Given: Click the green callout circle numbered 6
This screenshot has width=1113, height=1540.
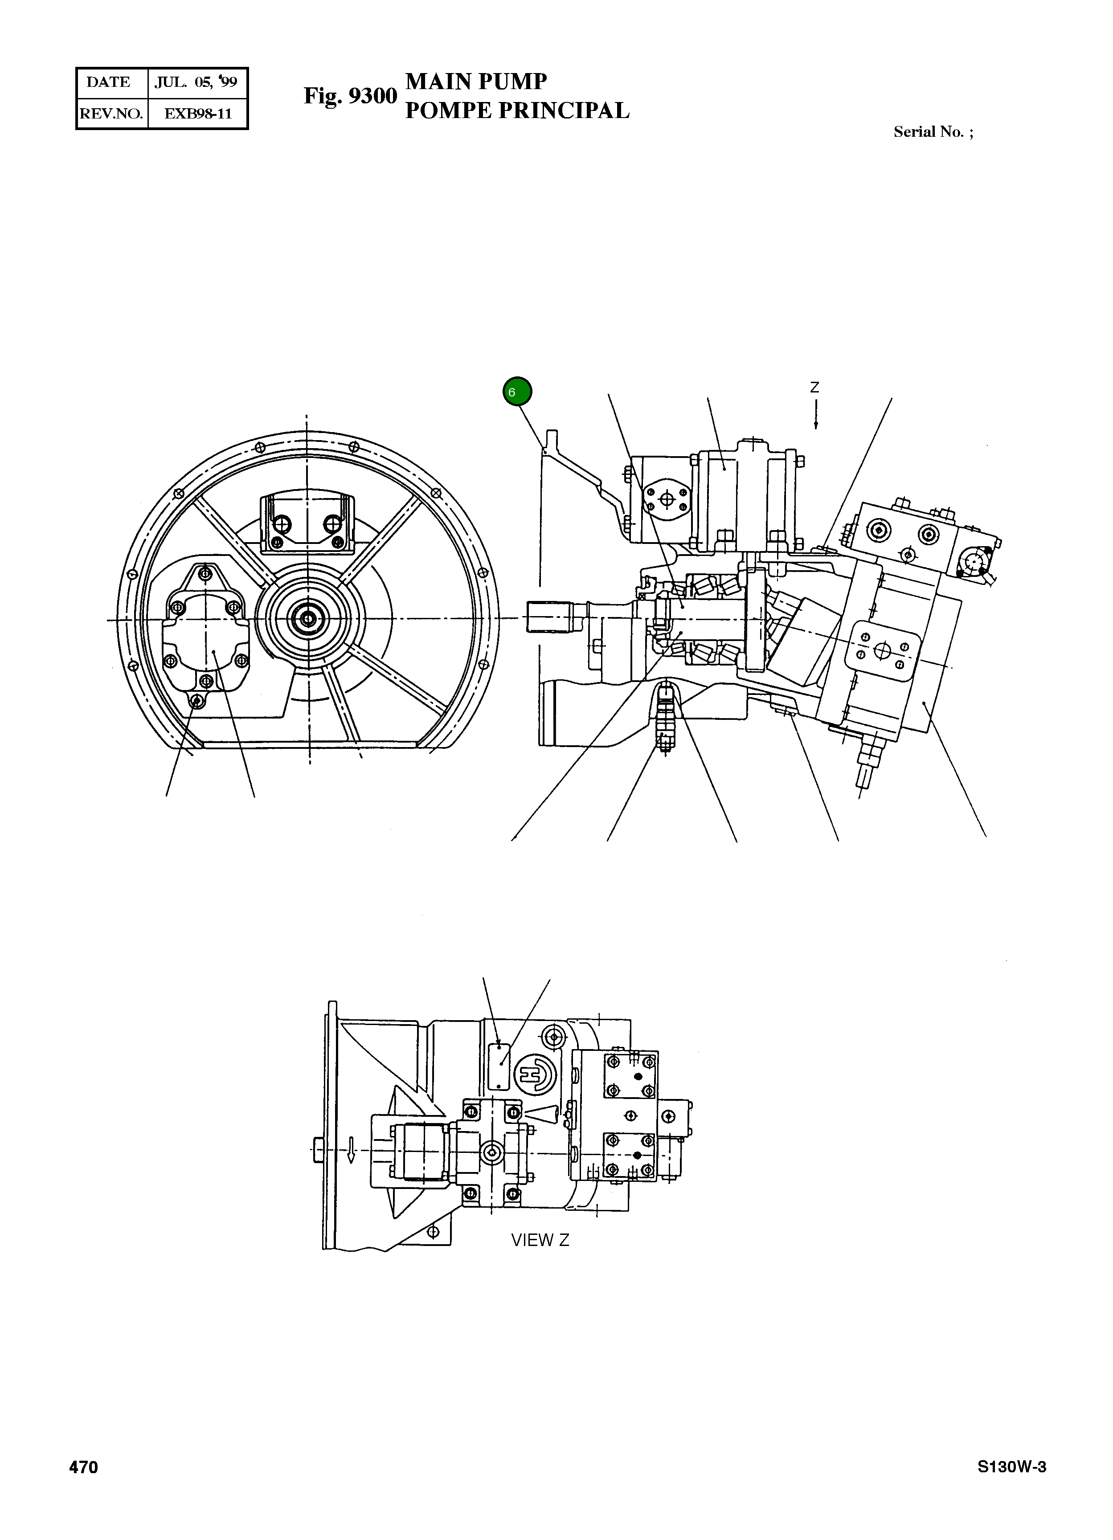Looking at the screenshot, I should point(517,392).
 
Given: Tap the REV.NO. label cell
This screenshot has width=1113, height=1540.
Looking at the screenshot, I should point(111,114).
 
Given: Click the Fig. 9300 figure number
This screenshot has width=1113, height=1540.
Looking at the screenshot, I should point(350,96).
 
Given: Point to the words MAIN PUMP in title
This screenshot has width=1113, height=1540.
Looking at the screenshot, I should point(475,82).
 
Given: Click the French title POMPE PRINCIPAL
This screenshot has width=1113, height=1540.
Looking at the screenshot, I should point(517,110).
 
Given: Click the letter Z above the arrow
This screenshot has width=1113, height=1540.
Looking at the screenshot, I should point(814,388).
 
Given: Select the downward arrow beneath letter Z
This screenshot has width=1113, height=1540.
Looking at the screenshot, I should point(815,415).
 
